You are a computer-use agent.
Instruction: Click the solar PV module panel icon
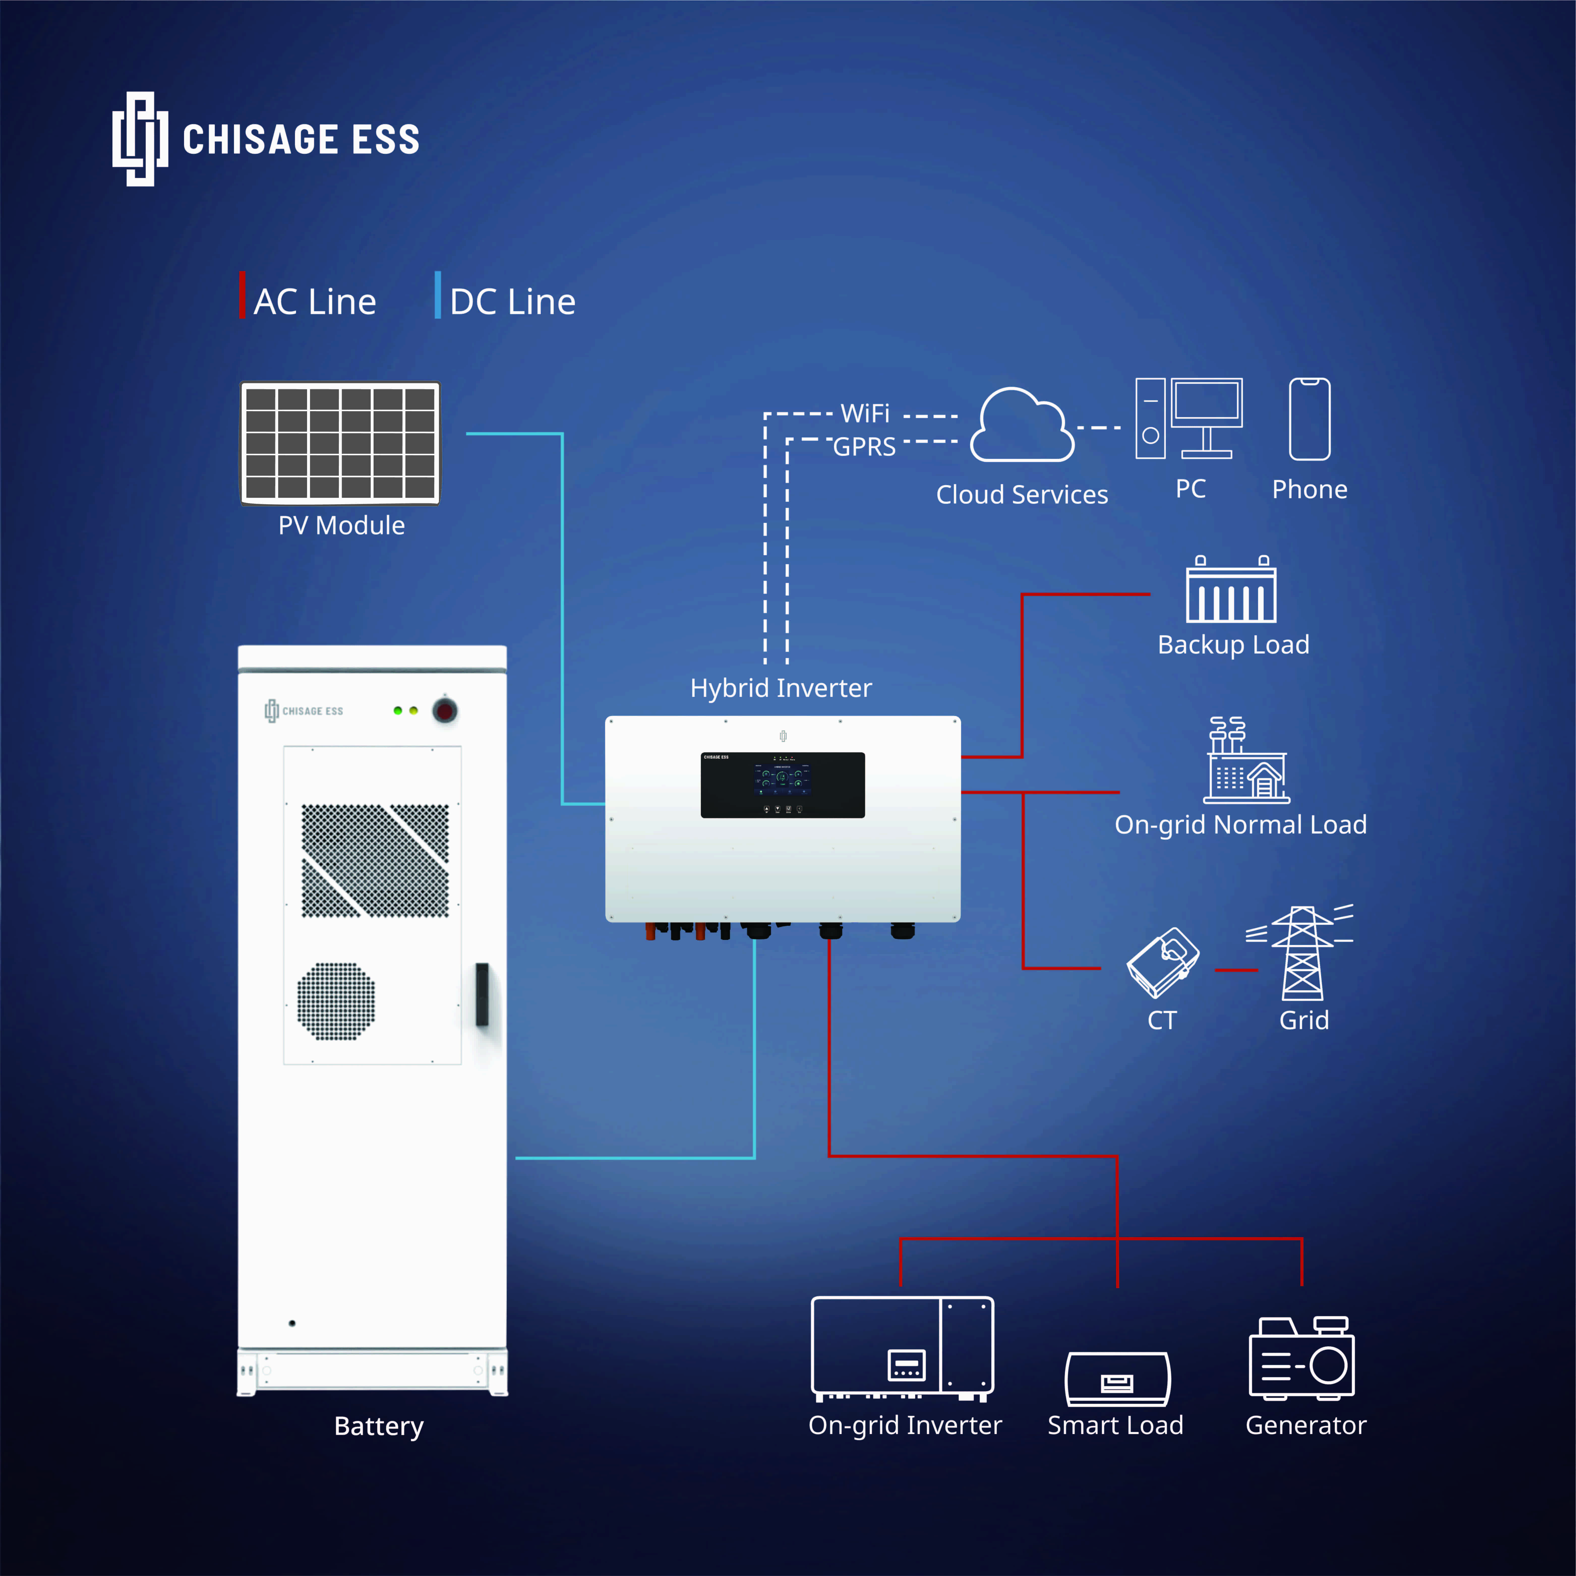(340, 443)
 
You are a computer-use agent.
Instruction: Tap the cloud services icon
(1022, 426)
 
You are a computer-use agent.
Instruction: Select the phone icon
(1309, 419)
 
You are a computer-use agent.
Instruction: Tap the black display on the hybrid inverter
(782, 785)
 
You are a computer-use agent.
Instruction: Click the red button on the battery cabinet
(444, 710)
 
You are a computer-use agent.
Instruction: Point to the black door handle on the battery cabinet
(482, 994)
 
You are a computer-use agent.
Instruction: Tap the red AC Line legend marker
(242, 295)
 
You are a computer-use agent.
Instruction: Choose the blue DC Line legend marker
(438, 295)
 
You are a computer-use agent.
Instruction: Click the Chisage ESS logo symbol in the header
(140, 139)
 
